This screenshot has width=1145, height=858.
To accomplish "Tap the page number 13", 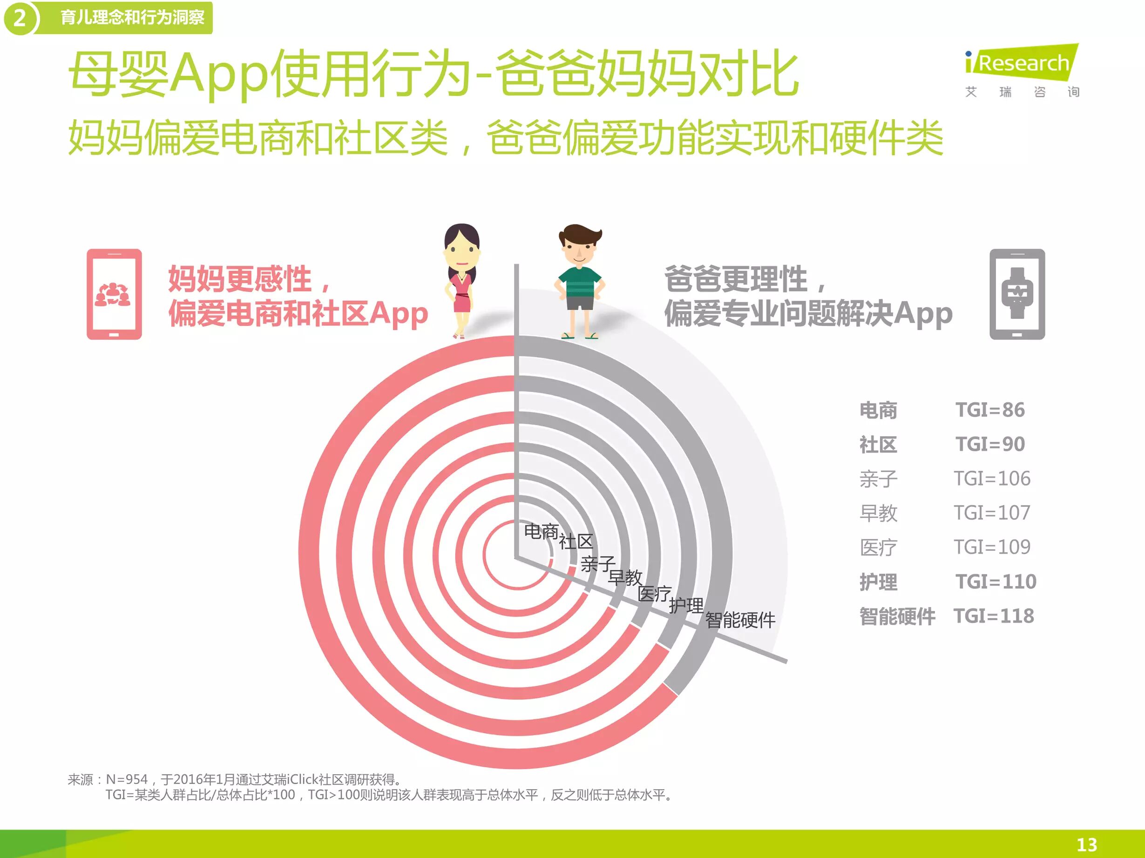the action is point(1086,845).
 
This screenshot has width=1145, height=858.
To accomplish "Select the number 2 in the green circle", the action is point(20,18).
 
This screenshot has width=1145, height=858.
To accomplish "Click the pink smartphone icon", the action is point(114,294).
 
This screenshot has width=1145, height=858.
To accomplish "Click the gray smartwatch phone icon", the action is point(1017,294).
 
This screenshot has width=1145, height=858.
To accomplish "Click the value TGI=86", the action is point(990,410).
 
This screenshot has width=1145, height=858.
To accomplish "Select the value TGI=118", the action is point(994,616).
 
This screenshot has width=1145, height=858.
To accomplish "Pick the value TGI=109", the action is point(992,547).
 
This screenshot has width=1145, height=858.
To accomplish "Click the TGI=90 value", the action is point(990,444).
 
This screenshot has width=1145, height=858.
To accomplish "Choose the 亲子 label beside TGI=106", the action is point(878,479).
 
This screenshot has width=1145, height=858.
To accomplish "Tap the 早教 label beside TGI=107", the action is point(878,513).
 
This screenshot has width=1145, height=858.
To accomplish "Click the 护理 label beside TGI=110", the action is point(878,581).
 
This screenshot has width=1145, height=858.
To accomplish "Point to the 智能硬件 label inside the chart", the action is point(740,620).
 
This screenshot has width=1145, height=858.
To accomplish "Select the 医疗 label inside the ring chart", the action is point(654,594).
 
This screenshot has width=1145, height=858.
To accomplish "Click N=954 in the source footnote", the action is point(127,779).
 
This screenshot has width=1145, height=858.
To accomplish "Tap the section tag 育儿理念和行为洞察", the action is point(133,18).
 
